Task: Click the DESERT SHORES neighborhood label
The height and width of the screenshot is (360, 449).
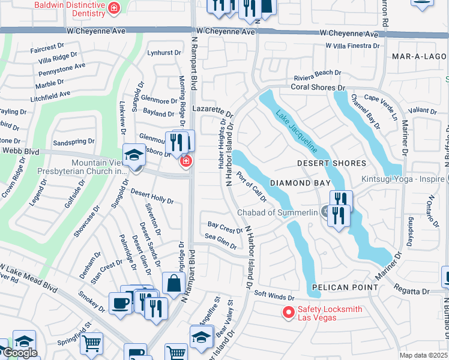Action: [x=332, y=163]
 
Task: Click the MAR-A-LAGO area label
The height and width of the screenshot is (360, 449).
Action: [x=417, y=56]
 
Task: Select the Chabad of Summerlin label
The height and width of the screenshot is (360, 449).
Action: [x=277, y=212]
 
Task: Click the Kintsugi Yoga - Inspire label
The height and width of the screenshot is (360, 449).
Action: [x=402, y=179]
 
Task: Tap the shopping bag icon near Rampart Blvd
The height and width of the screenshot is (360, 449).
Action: [x=173, y=283]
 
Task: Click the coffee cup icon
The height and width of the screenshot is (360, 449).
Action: [x=121, y=303]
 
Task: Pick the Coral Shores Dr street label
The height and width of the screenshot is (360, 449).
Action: [x=316, y=87]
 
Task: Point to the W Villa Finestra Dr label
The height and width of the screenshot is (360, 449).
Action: [x=352, y=45]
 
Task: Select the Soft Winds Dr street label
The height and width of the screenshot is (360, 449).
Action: [x=274, y=296]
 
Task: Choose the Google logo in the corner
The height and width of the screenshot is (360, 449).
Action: [x=20, y=353]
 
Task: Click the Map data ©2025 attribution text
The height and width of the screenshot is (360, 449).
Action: [x=423, y=355]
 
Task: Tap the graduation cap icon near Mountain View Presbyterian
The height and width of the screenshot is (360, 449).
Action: [x=133, y=155]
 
